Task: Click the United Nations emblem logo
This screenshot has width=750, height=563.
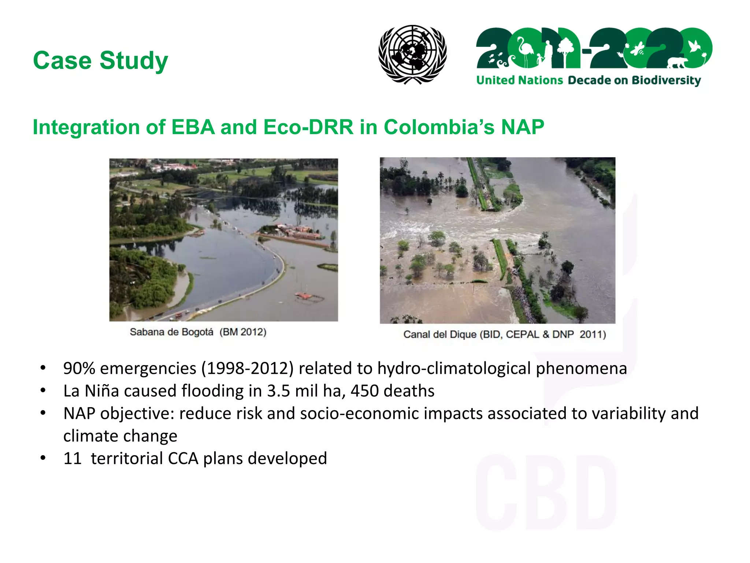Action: pyautogui.click(x=412, y=54)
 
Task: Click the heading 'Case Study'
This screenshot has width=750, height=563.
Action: pyautogui.click(x=100, y=60)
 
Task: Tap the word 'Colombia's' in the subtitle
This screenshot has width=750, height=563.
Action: pyautogui.click(x=439, y=127)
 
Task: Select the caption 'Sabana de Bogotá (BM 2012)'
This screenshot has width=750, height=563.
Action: pyautogui.click(x=198, y=332)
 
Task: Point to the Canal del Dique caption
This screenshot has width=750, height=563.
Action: pyautogui.click(x=504, y=334)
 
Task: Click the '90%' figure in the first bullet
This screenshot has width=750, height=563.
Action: pyautogui.click(x=79, y=368)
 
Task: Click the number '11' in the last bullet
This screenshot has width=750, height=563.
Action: pyautogui.click(x=72, y=459)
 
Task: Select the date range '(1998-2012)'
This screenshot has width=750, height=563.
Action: pyautogui.click(x=247, y=368)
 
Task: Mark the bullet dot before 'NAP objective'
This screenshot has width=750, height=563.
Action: pyautogui.click(x=43, y=413)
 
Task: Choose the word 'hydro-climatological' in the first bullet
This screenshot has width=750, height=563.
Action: pyautogui.click(x=454, y=368)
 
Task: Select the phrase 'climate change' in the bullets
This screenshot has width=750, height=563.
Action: pyautogui.click(x=120, y=436)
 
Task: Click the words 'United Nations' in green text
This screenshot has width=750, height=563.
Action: pyautogui.click(x=519, y=80)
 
